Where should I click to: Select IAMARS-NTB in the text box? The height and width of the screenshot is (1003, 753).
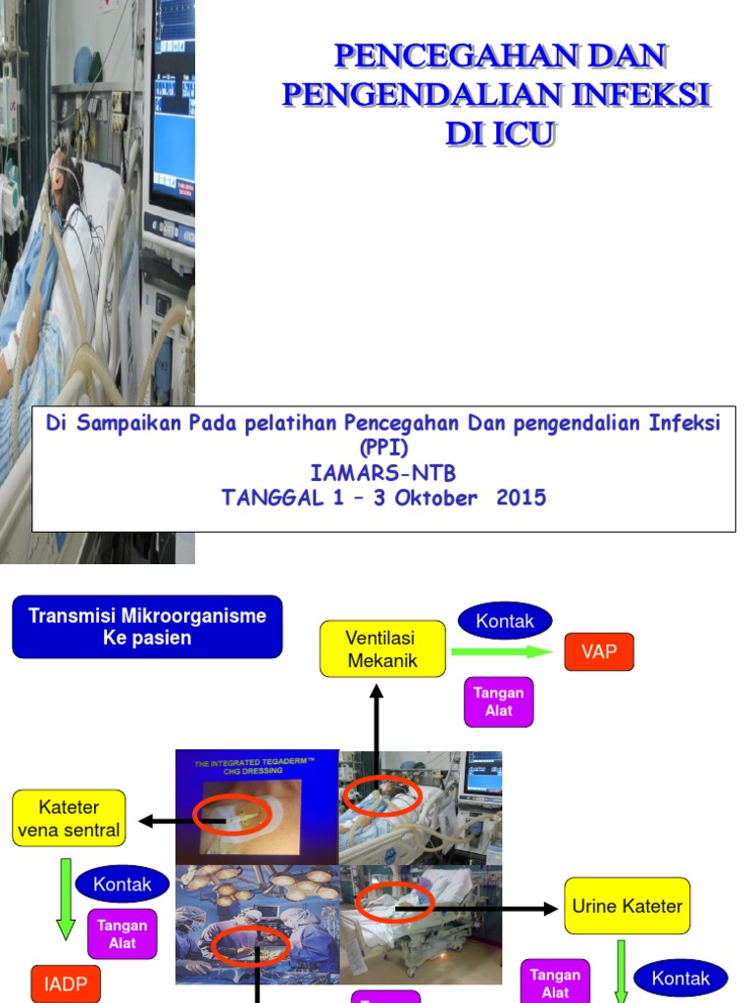pyautogui.click(x=383, y=474)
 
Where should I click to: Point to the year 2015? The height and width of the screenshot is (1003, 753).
pyautogui.click(x=521, y=498)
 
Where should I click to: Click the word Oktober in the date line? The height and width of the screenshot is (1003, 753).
pyautogui.click(x=432, y=498)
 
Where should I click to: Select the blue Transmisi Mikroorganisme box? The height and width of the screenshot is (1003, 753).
pyautogui.click(x=147, y=627)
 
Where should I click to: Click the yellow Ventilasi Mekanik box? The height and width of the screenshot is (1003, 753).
pyautogui.click(x=382, y=649)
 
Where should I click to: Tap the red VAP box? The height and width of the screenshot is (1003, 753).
pyautogui.click(x=599, y=651)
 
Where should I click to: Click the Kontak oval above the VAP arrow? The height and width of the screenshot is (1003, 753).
pyautogui.click(x=505, y=620)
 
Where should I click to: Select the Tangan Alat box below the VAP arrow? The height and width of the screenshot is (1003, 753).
pyautogui.click(x=499, y=701)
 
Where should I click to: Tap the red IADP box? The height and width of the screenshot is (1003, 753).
pyautogui.click(x=66, y=984)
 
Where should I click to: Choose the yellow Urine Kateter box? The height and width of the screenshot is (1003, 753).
pyautogui.click(x=627, y=906)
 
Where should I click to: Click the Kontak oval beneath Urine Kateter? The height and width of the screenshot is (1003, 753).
pyautogui.click(x=680, y=979)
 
